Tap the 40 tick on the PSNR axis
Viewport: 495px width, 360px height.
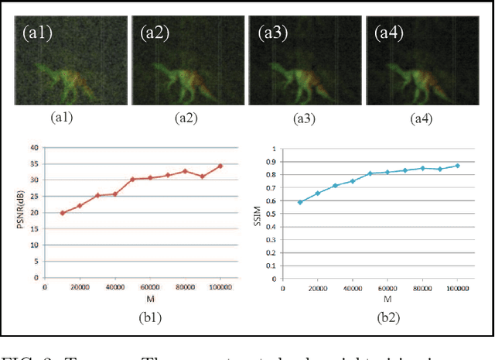coord(32,147)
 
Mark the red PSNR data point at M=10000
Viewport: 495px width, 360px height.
coord(62,213)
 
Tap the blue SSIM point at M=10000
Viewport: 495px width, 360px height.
coord(300,202)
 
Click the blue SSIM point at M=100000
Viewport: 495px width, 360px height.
coord(457,166)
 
